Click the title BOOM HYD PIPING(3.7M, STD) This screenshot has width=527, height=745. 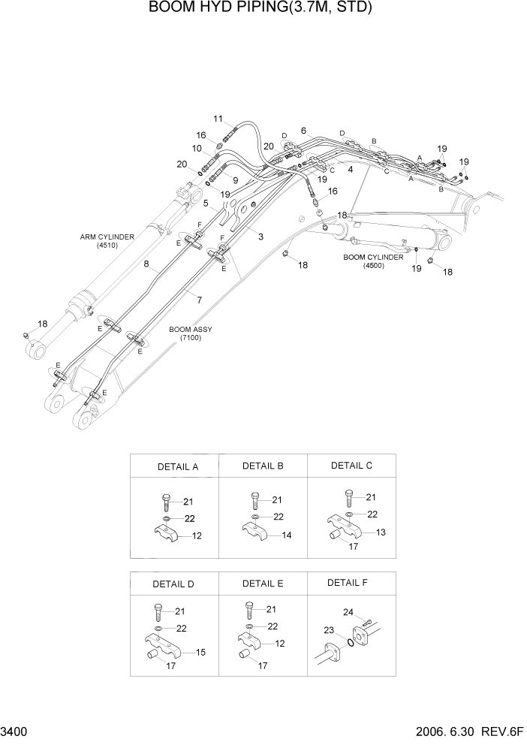[x=260, y=8]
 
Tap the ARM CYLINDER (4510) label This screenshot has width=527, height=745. [x=107, y=241]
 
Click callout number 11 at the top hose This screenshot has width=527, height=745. [x=218, y=119]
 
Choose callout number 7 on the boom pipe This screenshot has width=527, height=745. [x=199, y=300]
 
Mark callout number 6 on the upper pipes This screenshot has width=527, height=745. [x=303, y=131]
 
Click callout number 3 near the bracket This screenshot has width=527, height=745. [x=260, y=237]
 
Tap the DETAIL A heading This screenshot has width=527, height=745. [x=177, y=466]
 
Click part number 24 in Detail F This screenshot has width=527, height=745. [x=348, y=612]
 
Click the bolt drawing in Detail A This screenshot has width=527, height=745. [x=166, y=502]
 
